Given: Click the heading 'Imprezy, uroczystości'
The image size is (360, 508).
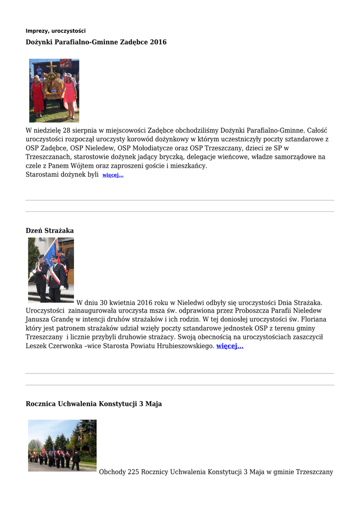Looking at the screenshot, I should point(56,31).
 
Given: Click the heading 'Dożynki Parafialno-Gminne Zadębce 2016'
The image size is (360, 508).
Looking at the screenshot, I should point(96,42).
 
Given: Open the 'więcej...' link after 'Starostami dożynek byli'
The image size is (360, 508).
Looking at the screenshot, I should point(113,175).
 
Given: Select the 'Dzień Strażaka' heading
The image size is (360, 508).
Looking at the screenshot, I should point(50,231).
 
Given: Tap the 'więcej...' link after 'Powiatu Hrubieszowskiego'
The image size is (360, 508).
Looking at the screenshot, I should point(230,346).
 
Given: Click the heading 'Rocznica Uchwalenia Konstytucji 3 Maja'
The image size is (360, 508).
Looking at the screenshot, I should point(94,404).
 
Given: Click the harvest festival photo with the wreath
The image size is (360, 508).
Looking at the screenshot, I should point(54,90).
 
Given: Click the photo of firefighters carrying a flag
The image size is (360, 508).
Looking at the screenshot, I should point(51,270).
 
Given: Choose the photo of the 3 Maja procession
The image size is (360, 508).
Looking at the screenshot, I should point(63,445).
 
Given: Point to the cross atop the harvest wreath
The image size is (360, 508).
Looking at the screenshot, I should point(52,67).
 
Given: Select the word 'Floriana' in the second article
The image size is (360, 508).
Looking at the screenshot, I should point(313,319).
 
